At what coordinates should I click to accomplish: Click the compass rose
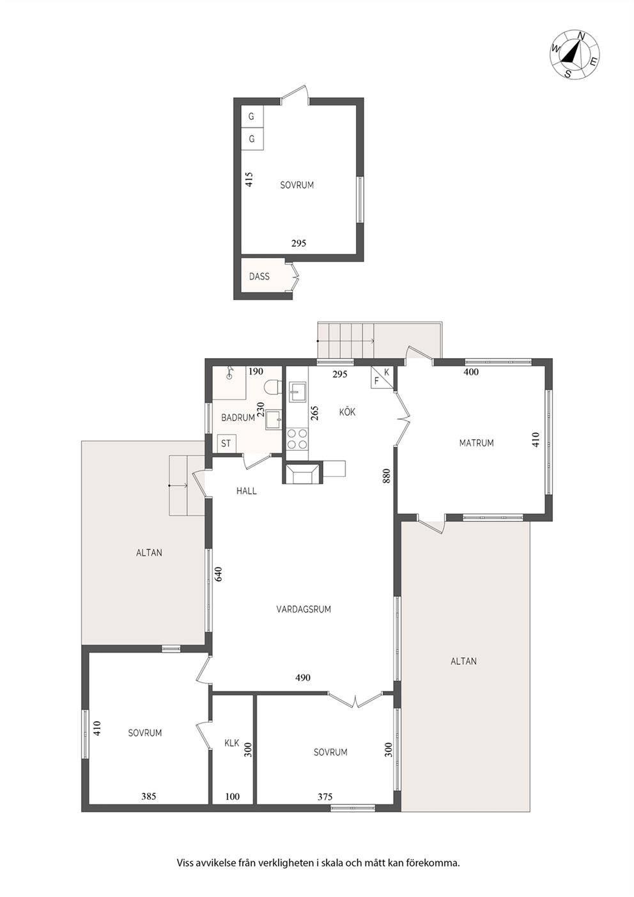pos(575,54)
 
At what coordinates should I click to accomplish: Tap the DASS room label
pos(259,276)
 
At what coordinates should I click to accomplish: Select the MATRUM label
pos(476,443)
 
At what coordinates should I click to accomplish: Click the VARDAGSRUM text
pos(304,609)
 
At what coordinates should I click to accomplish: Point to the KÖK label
pos(347,412)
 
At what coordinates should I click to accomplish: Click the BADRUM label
pos(238,417)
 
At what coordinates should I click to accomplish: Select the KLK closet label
pos(232,743)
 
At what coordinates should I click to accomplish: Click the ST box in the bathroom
pos(226,444)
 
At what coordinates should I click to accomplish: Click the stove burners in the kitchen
pos(297,438)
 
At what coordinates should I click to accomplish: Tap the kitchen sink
pos(297,391)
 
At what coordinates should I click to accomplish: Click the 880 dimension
pos(386,476)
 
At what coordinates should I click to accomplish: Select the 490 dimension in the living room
pos(302,678)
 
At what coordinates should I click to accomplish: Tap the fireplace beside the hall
pos(302,473)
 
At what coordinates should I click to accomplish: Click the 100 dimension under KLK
pos(232,797)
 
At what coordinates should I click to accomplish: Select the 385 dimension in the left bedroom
pos(148,797)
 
